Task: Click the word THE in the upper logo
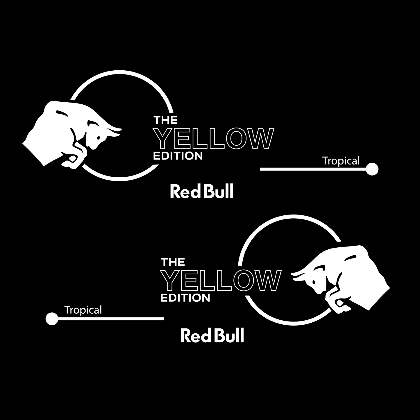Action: point(165,120)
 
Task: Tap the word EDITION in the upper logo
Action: point(178,156)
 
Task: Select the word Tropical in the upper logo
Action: point(341,161)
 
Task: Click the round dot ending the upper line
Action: point(372,169)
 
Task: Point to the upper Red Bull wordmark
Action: point(202,192)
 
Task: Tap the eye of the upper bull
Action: point(99,137)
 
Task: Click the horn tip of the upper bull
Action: point(120,129)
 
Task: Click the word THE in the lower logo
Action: point(173,262)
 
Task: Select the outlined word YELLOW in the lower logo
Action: point(222,281)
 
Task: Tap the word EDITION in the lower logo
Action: point(185,298)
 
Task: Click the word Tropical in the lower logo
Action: point(83,310)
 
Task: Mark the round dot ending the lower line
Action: point(52,319)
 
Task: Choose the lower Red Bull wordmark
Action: point(212,336)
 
